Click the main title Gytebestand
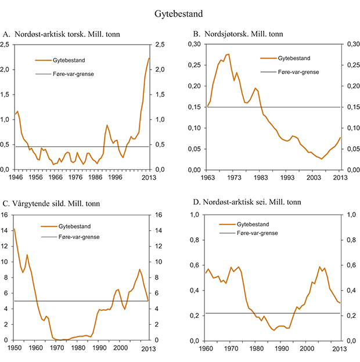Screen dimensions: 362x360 coord(179,12)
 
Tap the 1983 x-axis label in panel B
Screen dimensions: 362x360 coord(260,177)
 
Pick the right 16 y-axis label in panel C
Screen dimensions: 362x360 coord(155,215)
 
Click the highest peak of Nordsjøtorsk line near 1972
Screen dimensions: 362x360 coord(229,54)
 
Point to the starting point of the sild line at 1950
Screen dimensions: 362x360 coord(15,229)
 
